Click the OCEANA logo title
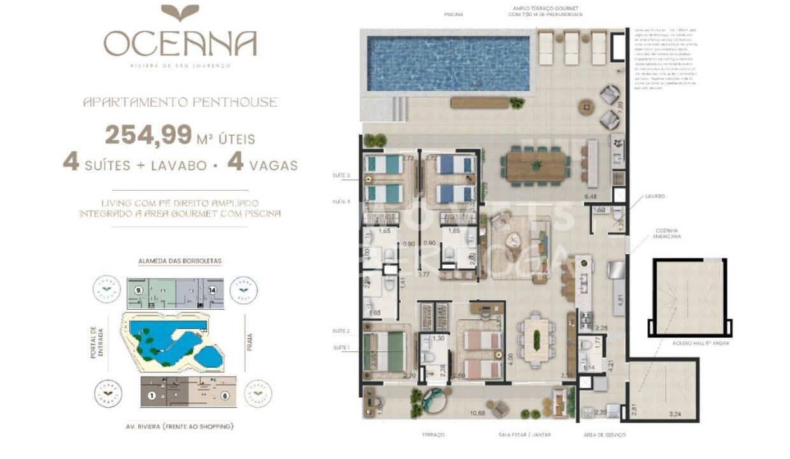(x=180, y=43)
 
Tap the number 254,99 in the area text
(x=148, y=135)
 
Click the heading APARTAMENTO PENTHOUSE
(x=180, y=102)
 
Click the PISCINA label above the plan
(x=454, y=14)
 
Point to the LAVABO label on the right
(x=654, y=196)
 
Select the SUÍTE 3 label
(x=341, y=175)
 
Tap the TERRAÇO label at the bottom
(x=432, y=435)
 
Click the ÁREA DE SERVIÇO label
(x=604, y=435)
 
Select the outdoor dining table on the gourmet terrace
(x=536, y=166)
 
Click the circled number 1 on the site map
(x=152, y=395)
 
